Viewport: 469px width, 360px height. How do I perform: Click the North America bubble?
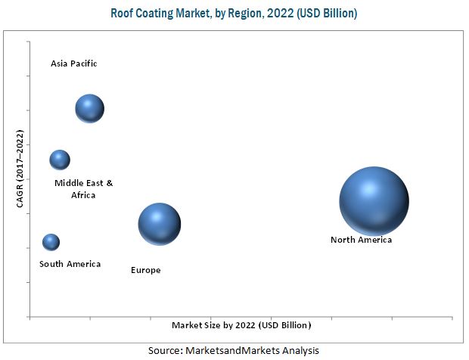coord(374,200)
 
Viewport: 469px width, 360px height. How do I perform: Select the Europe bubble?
coord(160,224)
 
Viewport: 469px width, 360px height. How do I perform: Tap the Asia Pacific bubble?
coord(89,109)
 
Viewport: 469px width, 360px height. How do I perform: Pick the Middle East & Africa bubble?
coord(60,160)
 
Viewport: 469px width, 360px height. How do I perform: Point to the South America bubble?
coord(51,242)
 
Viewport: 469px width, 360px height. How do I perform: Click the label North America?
coord(361,241)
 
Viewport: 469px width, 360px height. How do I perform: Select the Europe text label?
coord(145,270)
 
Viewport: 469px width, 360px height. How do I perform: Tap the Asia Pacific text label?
coord(74,64)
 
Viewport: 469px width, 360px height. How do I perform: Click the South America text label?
coord(70,264)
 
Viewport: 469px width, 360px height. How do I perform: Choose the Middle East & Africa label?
coord(83,189)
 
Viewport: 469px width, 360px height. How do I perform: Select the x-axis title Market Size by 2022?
coord(241,324)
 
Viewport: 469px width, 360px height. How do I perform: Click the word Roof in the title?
coord(123,14)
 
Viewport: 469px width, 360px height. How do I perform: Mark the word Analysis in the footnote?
coord(297,350)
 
